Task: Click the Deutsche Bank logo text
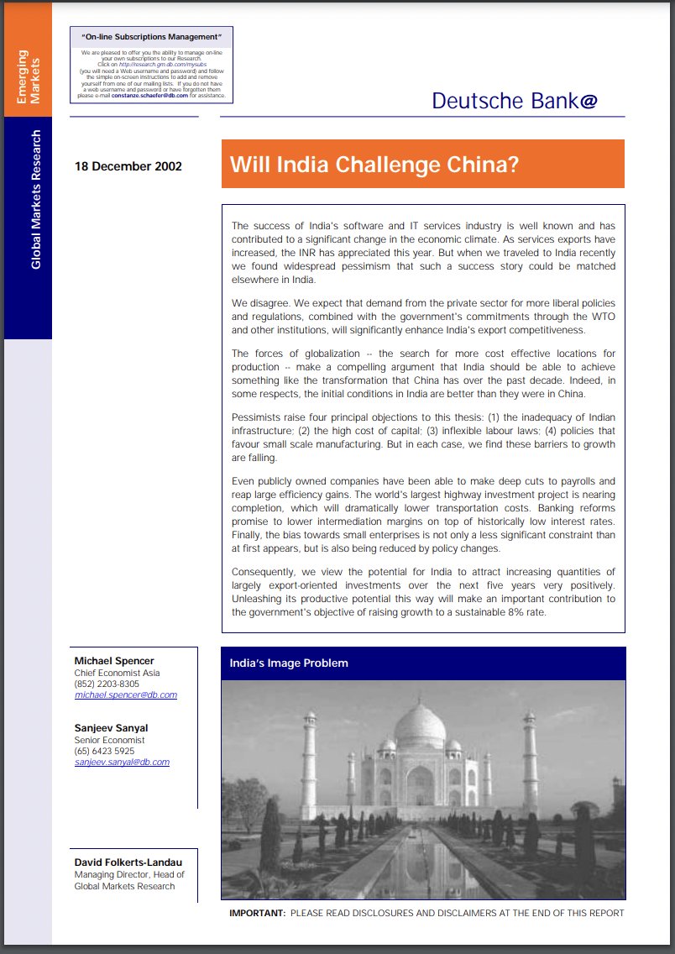(515, 101)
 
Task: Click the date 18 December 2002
(128, 165)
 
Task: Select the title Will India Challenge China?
(374, 164)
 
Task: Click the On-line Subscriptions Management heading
(151, 38)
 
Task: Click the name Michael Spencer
(114, 660)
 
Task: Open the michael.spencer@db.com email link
(126, 695)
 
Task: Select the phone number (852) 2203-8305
(107, 684)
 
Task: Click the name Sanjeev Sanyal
(111, 727)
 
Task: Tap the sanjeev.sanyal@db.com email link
(122, 762)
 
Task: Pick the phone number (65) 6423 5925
(104, 751)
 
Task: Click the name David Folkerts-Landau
(128, 862)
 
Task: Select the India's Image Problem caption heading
(289, 663)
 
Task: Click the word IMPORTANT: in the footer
(257, 913)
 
